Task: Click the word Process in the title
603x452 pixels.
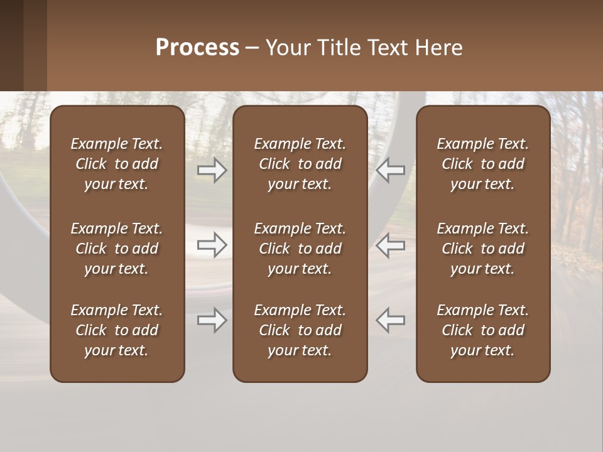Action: point(197,48)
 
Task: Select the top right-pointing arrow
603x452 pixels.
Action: point(212,169)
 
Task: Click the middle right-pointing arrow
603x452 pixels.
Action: point(212,245)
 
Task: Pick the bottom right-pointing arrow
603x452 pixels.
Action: point(212,320)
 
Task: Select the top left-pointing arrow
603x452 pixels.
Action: point(390,169)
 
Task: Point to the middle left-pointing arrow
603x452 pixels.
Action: point(390,245)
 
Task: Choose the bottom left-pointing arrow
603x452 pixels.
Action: point(390,320)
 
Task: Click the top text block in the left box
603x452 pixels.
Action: point(117,164)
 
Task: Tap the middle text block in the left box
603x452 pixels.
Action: point(117,249)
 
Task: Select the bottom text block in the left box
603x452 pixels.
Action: point(117,330)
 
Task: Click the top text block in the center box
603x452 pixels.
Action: point(300,164)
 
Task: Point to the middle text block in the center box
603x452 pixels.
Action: point(300,249)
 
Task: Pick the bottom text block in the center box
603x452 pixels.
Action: point(300,330)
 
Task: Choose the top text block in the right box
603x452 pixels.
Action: point(482,164)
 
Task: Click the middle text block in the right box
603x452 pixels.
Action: point(482,249)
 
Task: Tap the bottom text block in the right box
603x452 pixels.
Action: point(482,330)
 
